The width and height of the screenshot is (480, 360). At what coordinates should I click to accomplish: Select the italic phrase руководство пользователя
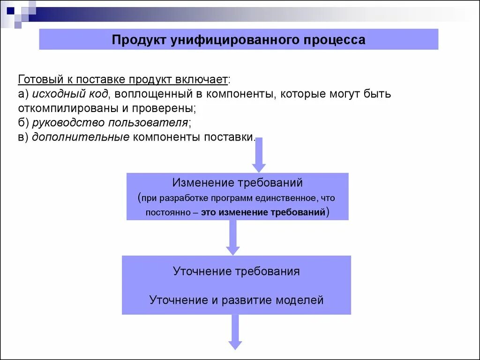pyautogui.click(x=110, y=123)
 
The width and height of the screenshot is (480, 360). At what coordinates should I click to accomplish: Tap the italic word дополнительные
pyautogui.click(x=81, y=137)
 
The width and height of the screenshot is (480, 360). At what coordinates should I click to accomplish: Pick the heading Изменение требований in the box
pyautogui.click(x=237, y=182)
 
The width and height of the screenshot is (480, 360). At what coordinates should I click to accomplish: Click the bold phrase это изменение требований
pyautogui.click(x=263, y=212)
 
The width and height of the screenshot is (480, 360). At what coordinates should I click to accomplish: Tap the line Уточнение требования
pyautogui.click(x=236, y=271)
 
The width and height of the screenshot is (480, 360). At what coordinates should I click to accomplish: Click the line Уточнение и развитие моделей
pyautogui.click(x=236, y=300)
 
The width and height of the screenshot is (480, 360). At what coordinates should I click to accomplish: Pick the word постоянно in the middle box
pyautogui.click(x=167, y=212)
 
